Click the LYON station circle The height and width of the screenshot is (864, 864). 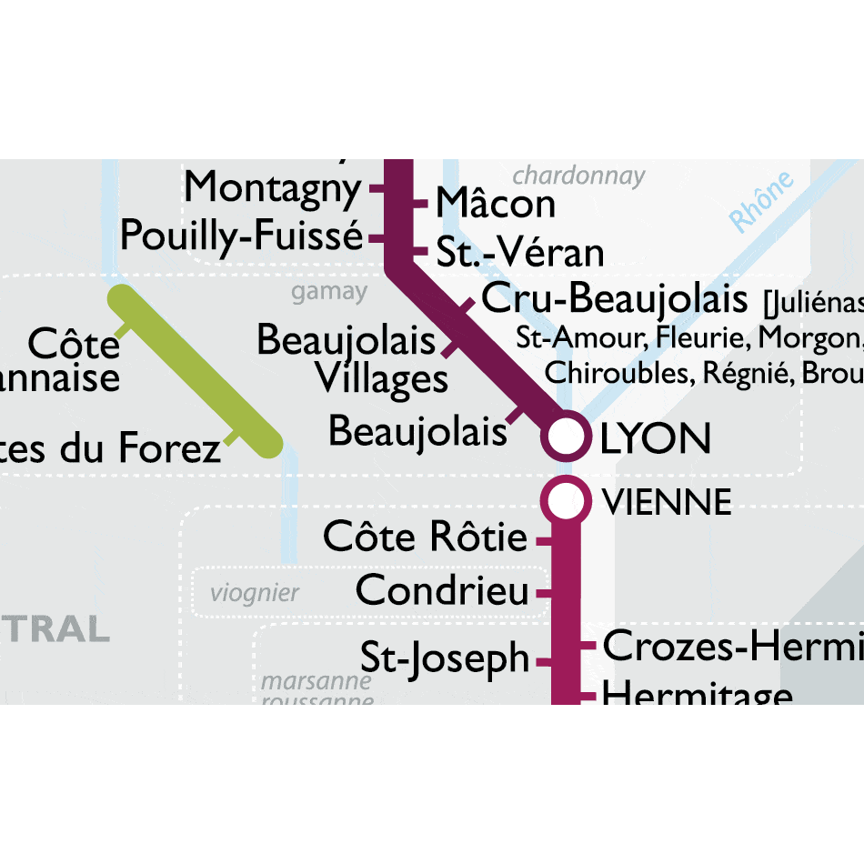click(565, 436)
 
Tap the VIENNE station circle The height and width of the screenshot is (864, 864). click(565, 500)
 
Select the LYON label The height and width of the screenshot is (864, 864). click(655, 439)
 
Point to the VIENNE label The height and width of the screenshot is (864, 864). click(668, 502)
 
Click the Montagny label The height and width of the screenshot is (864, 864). click(272, 188)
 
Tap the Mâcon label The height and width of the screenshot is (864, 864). click(495, 203)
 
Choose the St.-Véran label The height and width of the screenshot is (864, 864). click(520, 252)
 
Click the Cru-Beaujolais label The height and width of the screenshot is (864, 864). click(614, 298)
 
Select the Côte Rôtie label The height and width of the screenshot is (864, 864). click(425, 537)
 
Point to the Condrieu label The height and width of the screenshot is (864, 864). click(442, 591)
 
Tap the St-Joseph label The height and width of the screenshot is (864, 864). click(445, 658)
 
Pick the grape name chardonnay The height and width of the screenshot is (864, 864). click(578, 176)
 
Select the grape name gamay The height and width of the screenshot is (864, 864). click(329, 293)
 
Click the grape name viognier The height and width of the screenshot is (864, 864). click(255, 594)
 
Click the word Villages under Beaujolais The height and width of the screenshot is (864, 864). click(382, 378)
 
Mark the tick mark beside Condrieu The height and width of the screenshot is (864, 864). click(544, 593)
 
